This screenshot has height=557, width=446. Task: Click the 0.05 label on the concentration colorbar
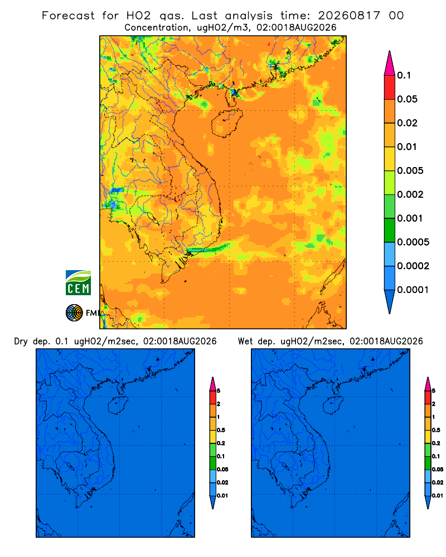point(407,99)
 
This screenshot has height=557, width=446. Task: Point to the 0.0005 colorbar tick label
point(413,242)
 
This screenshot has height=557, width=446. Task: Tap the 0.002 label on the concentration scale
point(410,194)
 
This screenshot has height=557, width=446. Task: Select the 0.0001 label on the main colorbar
point(413,290)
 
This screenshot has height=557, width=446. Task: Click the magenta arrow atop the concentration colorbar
point(390,63)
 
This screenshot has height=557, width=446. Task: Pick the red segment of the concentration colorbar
point(390,87)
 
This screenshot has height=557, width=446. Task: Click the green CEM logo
point(78,282)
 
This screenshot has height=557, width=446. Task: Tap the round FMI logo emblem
point(74,313)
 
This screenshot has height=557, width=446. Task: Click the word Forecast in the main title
point(68,16)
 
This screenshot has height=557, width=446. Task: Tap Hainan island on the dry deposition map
point(118,405)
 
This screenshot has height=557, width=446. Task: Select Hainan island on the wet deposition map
point(333,405)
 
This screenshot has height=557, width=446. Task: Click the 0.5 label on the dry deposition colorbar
point(221,430)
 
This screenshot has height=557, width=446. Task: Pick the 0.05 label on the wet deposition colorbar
point(438,469)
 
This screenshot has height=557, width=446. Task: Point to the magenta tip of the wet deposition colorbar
point(428,384)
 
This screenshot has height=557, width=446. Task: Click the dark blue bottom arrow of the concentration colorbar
point(390,301)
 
